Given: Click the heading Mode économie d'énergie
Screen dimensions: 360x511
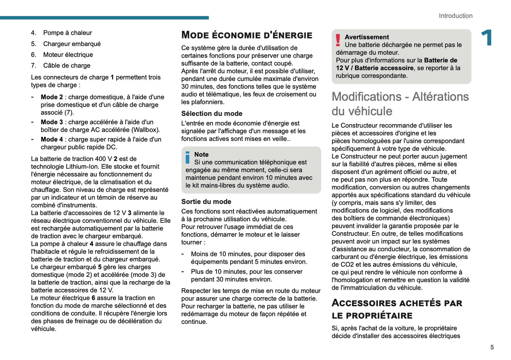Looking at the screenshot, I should (246, 35).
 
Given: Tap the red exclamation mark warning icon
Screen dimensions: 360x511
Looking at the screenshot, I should (338, 40).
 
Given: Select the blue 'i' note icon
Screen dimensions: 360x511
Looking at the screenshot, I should (187, 158).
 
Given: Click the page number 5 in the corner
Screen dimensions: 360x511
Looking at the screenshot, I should (492, 347).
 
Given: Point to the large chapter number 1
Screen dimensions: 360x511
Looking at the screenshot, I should (487, 38).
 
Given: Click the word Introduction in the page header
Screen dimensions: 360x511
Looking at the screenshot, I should (455, 16).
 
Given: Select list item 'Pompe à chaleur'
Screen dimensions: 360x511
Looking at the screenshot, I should (67, 33).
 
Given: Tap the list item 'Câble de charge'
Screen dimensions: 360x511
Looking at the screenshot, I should (66, 65).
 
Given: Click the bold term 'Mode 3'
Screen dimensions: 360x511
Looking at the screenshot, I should (52, 122).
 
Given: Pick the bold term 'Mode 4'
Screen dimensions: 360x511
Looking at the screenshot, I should (52, 139).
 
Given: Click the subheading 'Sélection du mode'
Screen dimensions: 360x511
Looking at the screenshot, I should (211, 114).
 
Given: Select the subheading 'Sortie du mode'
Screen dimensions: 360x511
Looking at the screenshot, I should (206, 202).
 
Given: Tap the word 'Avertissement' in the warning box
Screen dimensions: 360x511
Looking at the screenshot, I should (367, 37).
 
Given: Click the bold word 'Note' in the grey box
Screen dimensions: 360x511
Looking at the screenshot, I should (201, 155).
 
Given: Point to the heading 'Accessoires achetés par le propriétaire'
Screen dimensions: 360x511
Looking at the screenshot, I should (396, 309).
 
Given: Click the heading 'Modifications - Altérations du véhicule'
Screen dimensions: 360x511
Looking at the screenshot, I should (400, 104).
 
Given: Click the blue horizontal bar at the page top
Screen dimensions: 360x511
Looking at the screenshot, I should (104, 18).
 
